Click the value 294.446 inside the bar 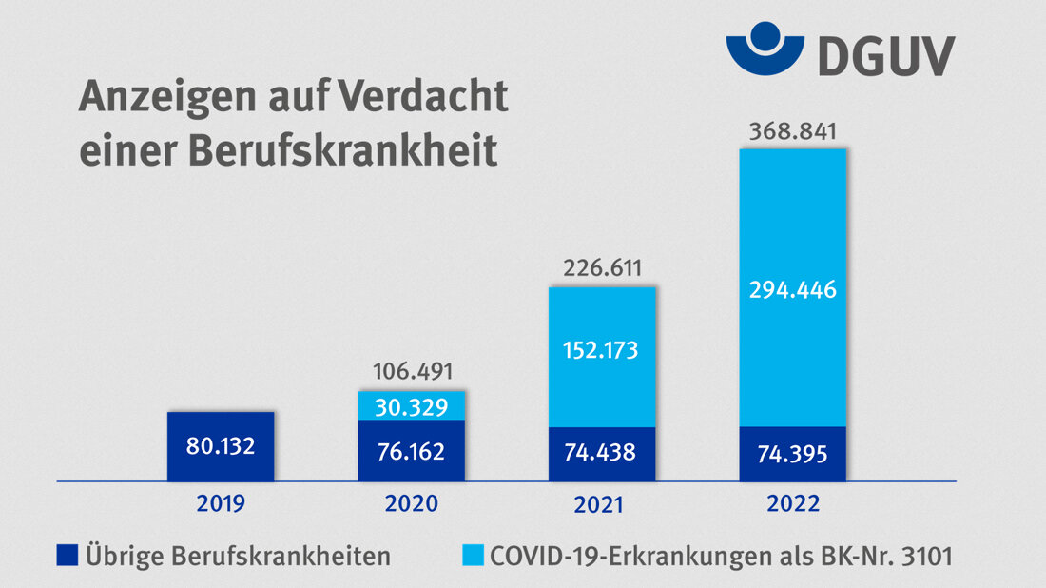click(x=792, y=291)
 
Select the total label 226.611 click(x=602, y=267)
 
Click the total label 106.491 click(x=412, y=370)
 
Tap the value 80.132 click(x=221, y=445)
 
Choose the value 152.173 click(x=602, y=350)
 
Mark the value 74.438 click(x=602, y=452)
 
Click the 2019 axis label click(x=221, y=503)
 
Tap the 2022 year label click(x=792, y=503)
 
